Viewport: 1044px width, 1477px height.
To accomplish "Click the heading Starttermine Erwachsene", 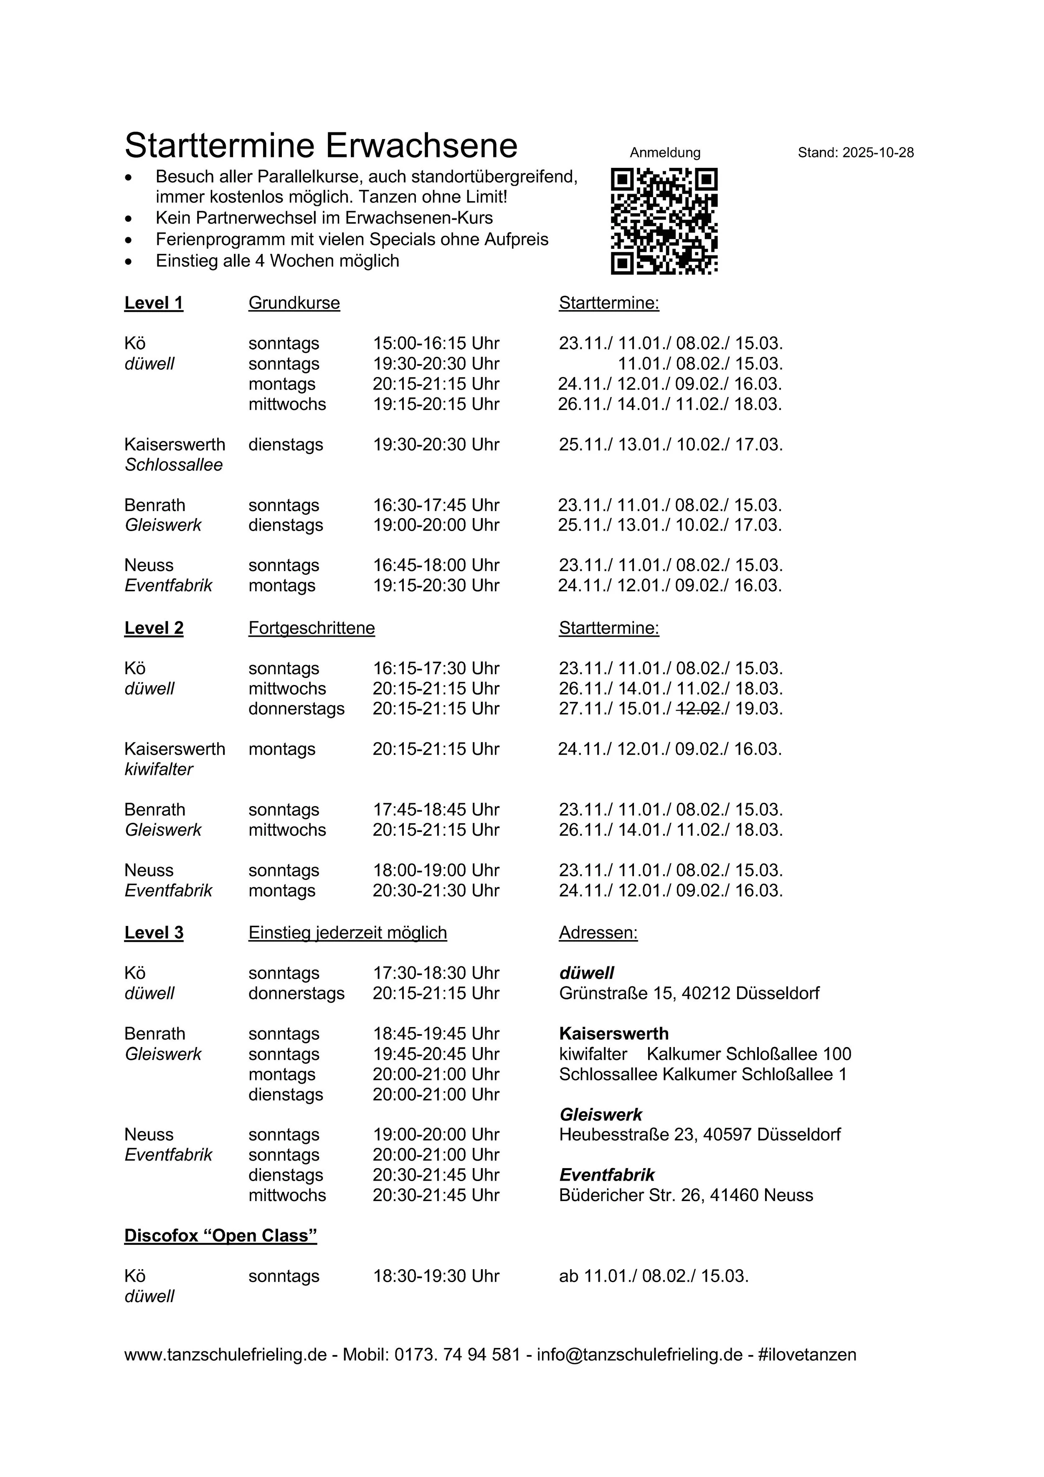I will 321,145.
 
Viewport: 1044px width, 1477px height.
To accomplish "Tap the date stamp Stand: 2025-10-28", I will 855,152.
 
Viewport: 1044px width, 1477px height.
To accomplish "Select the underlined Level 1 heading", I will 154,303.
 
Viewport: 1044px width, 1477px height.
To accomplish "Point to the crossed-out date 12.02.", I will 698,708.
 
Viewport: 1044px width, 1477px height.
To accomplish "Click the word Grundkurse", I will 294,303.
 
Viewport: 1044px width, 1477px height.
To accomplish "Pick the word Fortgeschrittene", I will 312,628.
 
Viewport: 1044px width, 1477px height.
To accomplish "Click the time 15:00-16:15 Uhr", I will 436,344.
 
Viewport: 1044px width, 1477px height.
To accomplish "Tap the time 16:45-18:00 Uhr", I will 436,565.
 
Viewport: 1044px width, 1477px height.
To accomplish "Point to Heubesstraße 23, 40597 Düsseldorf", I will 699,1134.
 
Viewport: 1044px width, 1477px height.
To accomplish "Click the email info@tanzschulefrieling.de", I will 640,1355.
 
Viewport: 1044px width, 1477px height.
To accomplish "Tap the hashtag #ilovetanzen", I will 807,1355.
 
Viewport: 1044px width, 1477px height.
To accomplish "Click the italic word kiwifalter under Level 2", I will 158,769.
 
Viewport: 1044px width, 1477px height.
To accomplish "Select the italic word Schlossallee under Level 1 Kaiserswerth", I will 174,465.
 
